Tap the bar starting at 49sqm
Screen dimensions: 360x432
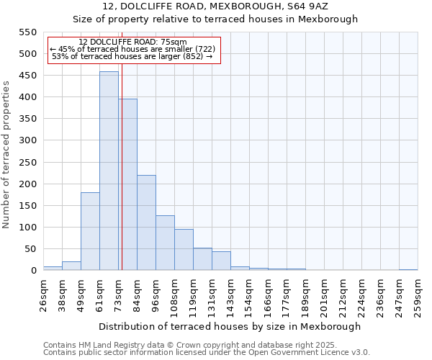point(90,231)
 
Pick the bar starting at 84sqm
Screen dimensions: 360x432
point(146,222)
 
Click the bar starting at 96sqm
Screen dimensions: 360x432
point(165,243)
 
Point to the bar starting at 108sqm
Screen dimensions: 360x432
point(184,249)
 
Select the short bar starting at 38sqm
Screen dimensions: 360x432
point(71,266)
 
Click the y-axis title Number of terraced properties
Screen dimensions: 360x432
point(6,155)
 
